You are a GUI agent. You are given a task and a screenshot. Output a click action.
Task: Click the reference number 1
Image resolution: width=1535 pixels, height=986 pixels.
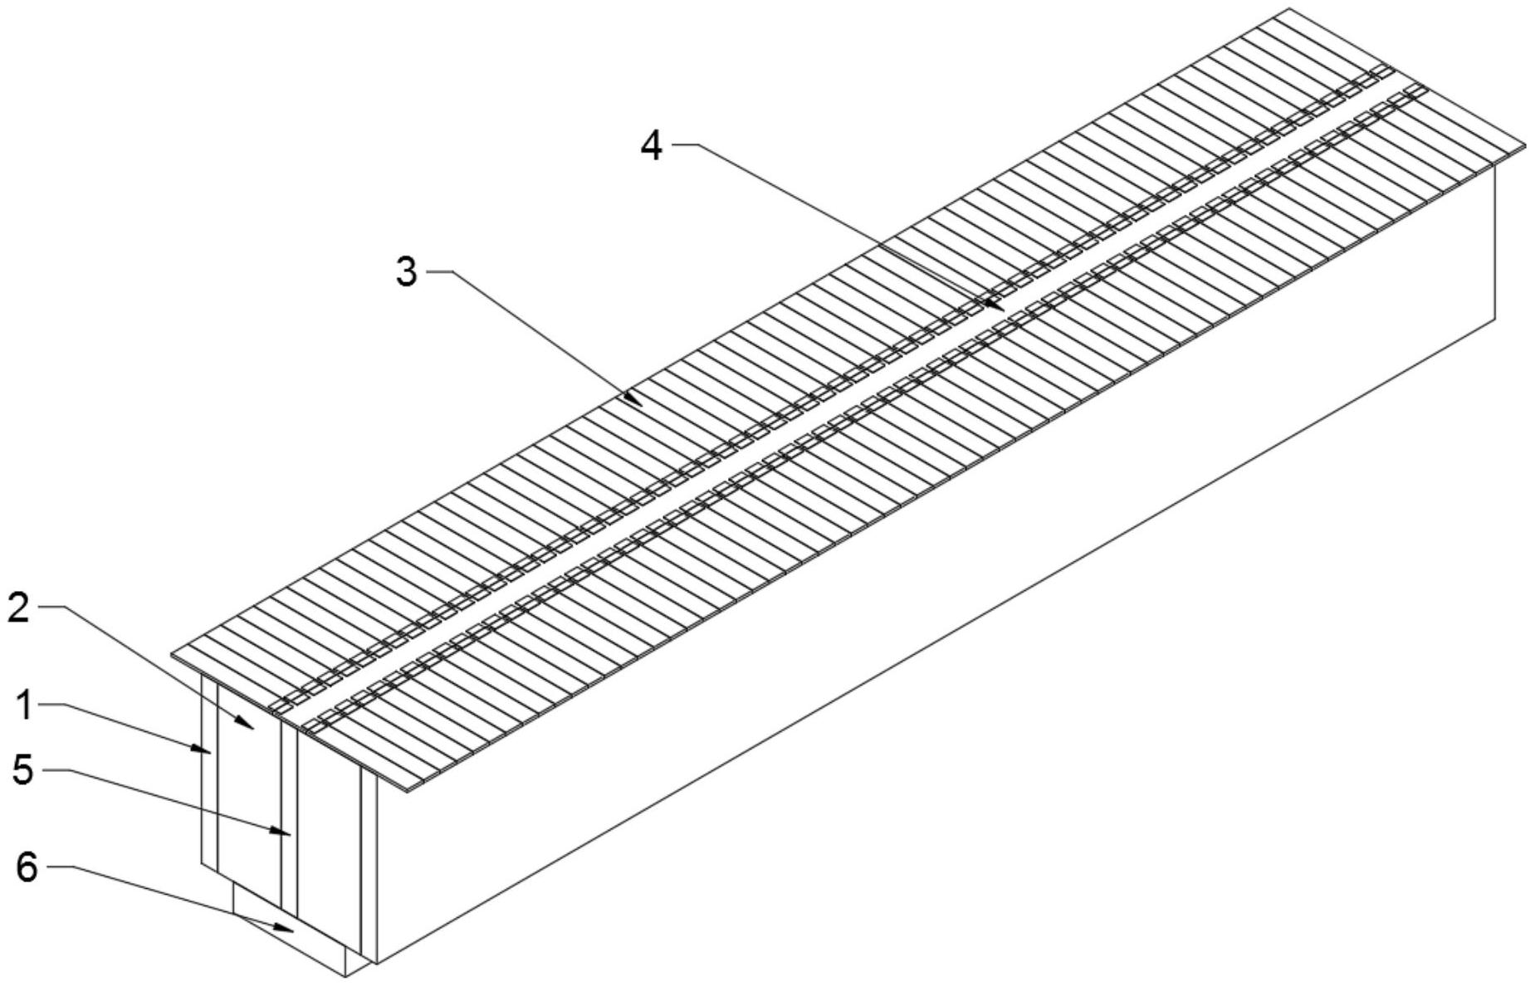(25, 705)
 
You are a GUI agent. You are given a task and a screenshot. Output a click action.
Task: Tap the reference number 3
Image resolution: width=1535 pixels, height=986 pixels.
(406, 271)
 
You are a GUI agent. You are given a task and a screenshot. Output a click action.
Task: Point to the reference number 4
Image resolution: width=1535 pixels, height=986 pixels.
(652, 146)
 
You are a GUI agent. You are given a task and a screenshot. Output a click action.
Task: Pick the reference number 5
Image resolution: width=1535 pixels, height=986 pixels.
(23, 771)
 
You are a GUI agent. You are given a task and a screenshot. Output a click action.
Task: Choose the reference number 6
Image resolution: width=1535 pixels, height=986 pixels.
(27, 868)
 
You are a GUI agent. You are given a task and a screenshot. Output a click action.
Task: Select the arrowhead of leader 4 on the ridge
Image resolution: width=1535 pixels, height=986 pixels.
(997, 305)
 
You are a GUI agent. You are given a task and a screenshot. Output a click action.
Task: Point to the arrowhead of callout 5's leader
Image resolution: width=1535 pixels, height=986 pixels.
(283, 832)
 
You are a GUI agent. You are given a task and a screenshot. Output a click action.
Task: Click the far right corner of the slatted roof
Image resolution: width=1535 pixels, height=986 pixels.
(1526, 146)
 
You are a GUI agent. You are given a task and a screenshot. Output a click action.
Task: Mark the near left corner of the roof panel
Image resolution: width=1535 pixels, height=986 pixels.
(171, 654)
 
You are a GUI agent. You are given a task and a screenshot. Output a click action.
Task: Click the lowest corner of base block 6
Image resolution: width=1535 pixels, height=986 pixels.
(345, 977)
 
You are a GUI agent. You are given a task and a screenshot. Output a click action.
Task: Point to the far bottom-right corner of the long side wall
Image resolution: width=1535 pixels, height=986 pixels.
(1496, 318)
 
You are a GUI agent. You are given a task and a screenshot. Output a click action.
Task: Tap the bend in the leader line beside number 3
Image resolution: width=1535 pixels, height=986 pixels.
(452, 271)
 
